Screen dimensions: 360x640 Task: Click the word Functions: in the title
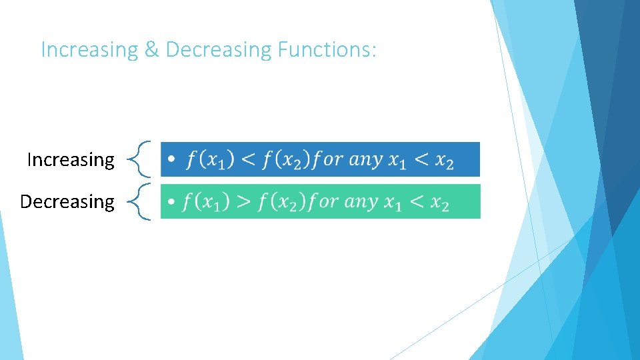327,50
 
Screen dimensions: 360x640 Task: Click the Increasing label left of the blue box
71,160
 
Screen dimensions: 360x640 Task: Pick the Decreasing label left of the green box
67,201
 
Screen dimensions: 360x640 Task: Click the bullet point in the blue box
172,161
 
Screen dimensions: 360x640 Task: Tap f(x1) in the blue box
211,161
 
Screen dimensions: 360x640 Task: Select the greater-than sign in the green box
245,201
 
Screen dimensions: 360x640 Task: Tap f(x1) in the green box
207,202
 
